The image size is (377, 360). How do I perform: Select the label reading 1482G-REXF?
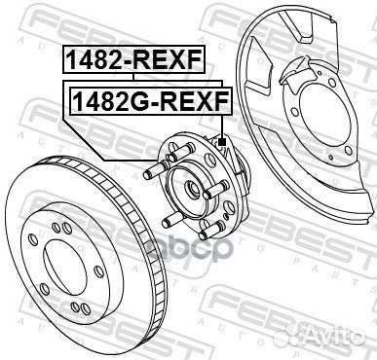146,98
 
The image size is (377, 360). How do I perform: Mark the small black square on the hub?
222,142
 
